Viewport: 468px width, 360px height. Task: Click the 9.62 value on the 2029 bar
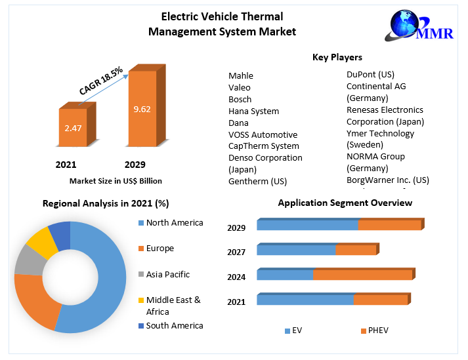(142, 109)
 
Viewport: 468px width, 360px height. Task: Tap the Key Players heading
(337, 58)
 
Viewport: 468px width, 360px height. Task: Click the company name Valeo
(240, 87)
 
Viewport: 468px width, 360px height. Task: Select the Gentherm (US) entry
(257, 181)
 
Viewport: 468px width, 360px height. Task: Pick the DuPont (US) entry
(370, 74)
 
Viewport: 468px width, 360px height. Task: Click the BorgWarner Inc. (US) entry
(387, 180)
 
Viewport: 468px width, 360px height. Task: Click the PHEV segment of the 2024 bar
(362, 275)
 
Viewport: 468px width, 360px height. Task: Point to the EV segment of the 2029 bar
(307, 225)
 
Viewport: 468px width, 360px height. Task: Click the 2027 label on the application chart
(236, 252)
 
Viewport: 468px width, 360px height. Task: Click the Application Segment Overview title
(345, 203)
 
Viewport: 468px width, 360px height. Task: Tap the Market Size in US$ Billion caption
(116, 180)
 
